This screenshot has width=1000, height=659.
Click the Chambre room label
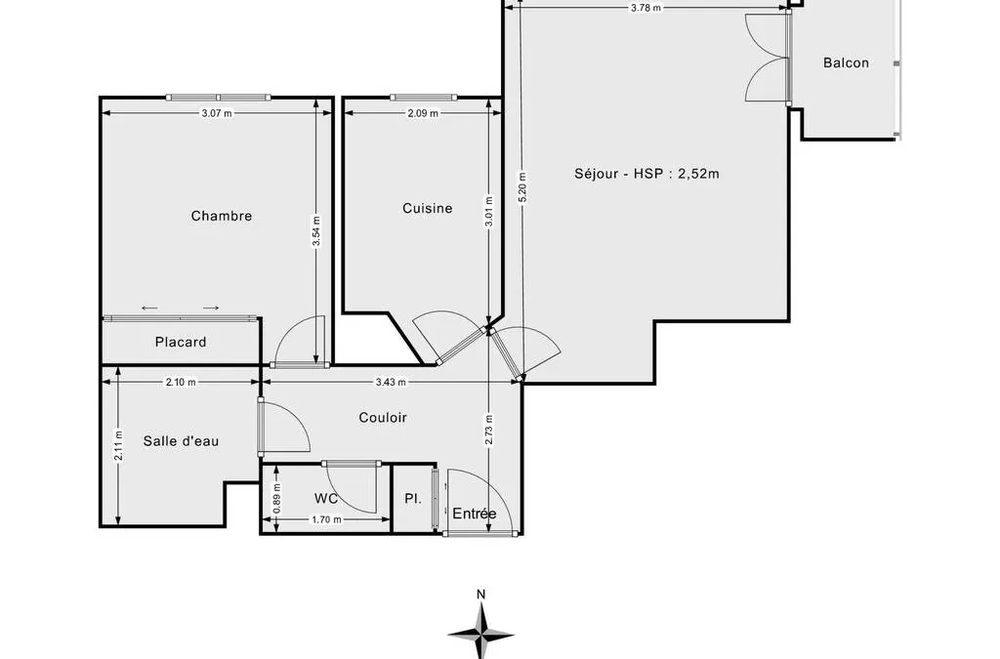click(222, 216)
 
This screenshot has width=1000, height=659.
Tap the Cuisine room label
click(428, 208)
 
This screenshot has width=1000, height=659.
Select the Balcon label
click(846, 62)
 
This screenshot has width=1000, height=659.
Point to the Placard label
click(181, 343)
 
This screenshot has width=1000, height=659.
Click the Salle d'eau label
click(181, 441)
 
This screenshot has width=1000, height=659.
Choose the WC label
click(326, 498)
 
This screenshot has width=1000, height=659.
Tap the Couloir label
click(383, 418)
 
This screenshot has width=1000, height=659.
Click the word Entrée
click(475, 514)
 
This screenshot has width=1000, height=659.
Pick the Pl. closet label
click(413, 498)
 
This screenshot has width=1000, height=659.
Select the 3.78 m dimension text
click(646, 8)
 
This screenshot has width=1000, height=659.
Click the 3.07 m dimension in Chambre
click(217, 113)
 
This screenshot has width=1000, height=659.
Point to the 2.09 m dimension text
click(423, 113)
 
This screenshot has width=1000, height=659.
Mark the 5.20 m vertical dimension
click(522, 188)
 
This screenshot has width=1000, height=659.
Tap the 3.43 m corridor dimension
click(391, 383)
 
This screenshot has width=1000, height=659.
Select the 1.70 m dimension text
click(326, 519)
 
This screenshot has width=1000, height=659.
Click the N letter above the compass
click(480, 595)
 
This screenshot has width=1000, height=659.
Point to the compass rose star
click(480, 633)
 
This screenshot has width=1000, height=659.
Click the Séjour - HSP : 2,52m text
click(646, 174)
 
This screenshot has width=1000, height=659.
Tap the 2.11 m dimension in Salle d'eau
click(118, 447)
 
